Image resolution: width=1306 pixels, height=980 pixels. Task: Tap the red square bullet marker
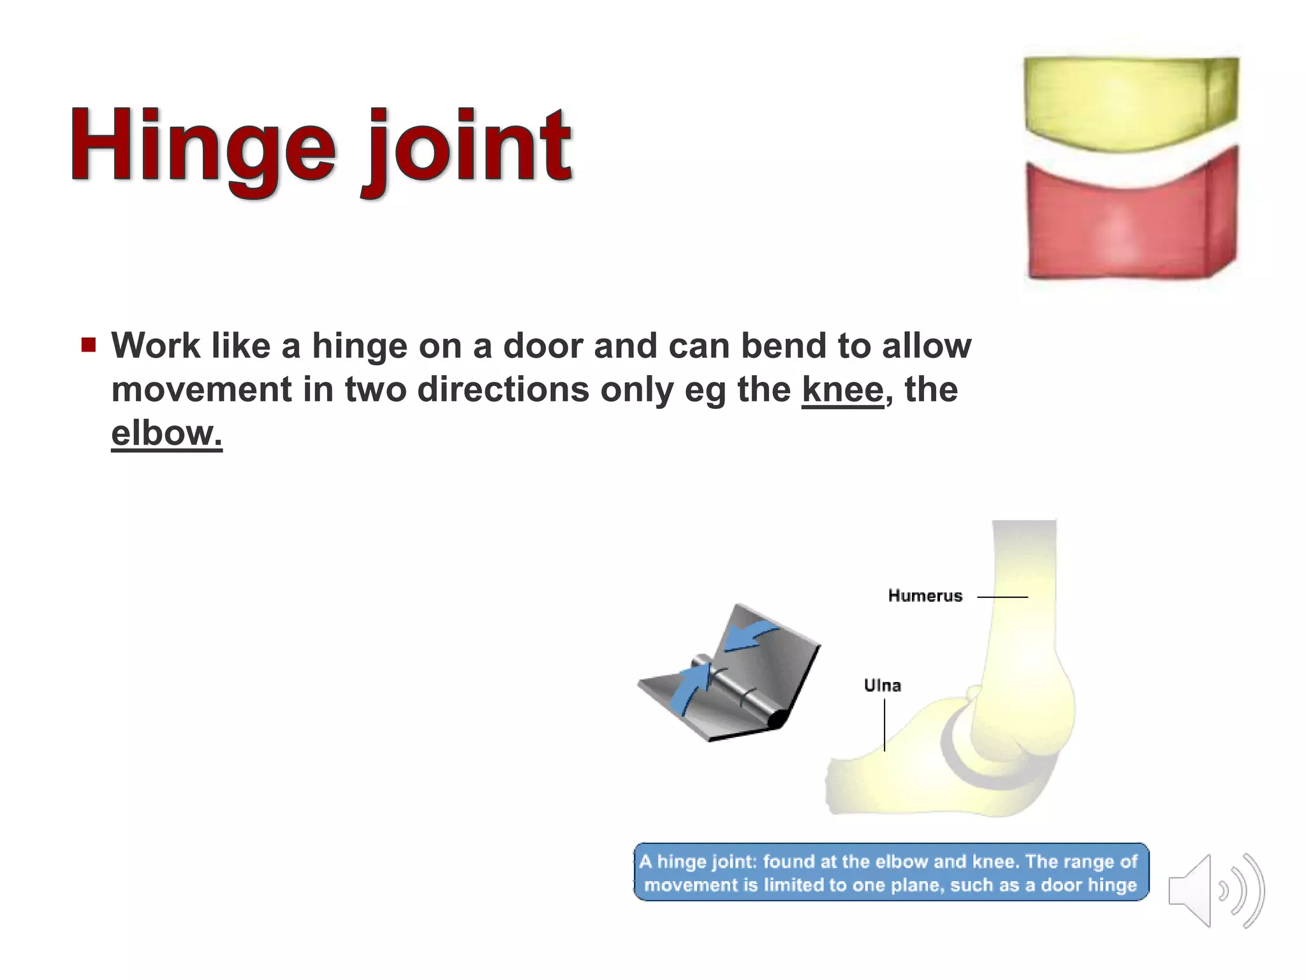point(89,345)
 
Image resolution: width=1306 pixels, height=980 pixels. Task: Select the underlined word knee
point(842,389)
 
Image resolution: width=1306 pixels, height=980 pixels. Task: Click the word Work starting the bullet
point(156,346)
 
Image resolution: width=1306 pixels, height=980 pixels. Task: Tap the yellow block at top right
point(1130,102)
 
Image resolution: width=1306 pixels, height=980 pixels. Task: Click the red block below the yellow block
point(1130,223)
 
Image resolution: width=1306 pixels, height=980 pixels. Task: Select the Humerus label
point(925,596)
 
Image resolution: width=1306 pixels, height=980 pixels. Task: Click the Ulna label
point(882,686)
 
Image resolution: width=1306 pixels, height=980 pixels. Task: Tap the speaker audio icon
point(1215,891)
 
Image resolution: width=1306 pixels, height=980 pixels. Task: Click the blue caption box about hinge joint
point(890,872)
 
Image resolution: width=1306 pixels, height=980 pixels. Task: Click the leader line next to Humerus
point(1002,597)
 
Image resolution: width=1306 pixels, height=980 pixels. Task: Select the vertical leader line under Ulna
point(884,725)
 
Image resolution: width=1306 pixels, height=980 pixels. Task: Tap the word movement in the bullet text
point(202,389)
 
